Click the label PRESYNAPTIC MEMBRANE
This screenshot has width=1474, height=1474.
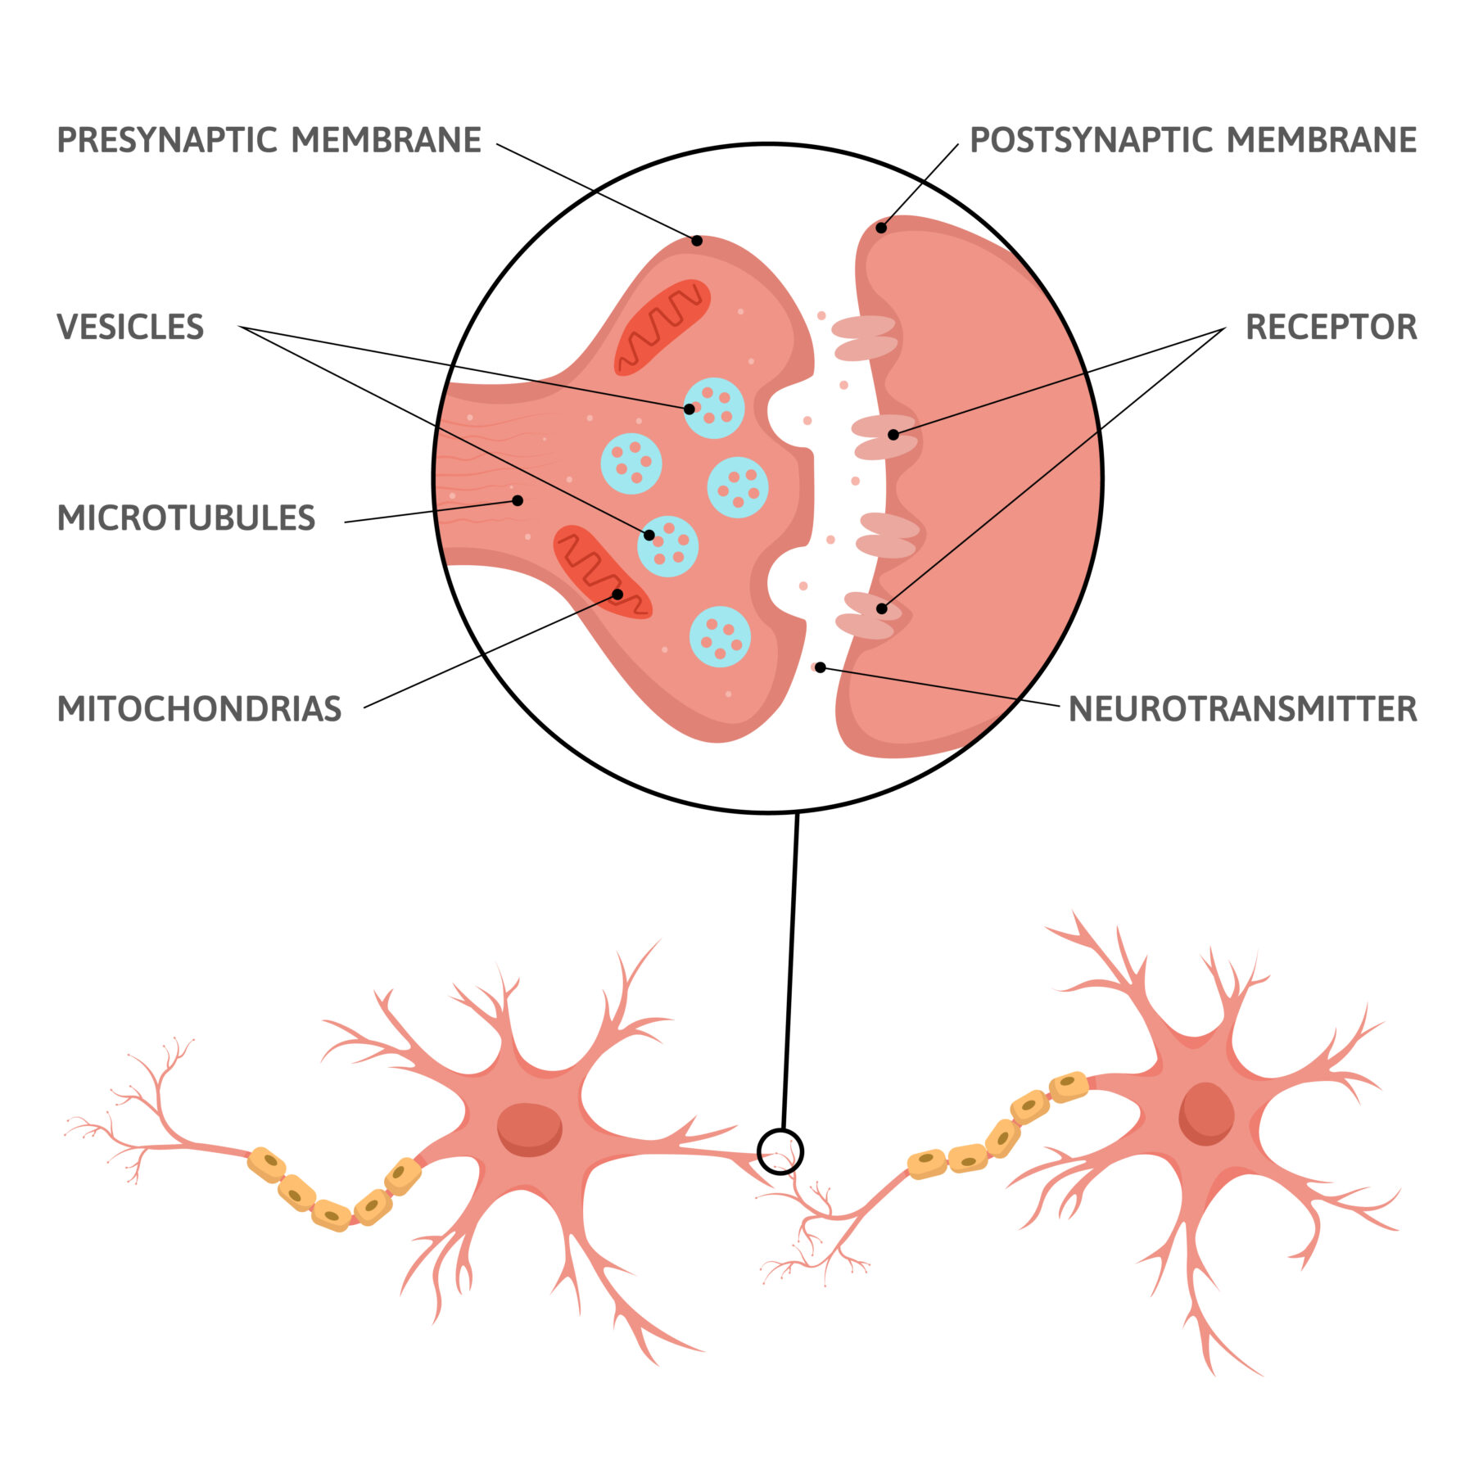269,140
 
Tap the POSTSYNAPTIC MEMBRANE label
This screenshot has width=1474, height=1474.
1192,140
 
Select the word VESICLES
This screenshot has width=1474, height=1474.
130,327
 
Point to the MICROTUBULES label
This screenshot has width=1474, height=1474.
186,518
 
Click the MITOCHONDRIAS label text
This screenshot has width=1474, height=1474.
199,709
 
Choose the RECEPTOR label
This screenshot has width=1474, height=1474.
1331,327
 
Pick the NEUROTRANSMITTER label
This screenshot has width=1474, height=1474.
1242,709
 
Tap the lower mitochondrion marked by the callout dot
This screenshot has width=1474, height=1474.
602,572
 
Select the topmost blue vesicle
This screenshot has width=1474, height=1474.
714,408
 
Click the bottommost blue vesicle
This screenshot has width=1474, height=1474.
720,636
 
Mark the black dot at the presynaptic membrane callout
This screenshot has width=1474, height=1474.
697,241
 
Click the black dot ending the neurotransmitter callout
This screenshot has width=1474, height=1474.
820,668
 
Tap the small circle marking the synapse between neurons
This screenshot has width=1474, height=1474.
780,1151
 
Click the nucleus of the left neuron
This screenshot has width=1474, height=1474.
530,1129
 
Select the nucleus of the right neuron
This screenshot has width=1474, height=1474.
1206,1114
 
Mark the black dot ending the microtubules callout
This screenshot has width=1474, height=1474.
518,500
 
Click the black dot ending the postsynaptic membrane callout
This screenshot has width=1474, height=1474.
881,228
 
